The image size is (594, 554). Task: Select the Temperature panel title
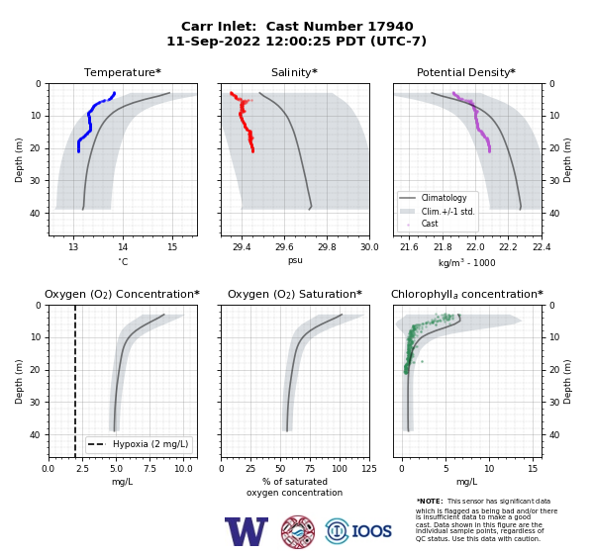pos(123,72)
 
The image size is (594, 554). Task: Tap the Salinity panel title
pos(294,72)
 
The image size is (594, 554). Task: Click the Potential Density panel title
pos(466,72)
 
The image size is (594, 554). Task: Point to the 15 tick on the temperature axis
pos(172,247)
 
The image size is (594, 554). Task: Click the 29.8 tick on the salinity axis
pos(327,247)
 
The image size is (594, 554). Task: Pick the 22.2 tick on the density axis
pos(508,247)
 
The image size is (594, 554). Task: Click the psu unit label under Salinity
pos(295,260)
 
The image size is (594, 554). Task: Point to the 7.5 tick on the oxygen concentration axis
pos(149,468)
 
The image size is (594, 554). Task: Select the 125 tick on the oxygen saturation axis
pos(369,468)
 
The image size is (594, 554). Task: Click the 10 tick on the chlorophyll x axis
pos(489,468)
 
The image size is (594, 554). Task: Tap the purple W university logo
pos(247,531)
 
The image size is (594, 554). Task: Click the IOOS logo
pos(358,531)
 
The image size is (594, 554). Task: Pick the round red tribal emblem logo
pos(298,531)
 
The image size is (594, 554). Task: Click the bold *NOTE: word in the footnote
pos(430,502)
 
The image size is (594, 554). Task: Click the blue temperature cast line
pos(89,121)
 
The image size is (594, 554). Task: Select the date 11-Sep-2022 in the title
pos(214,41)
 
